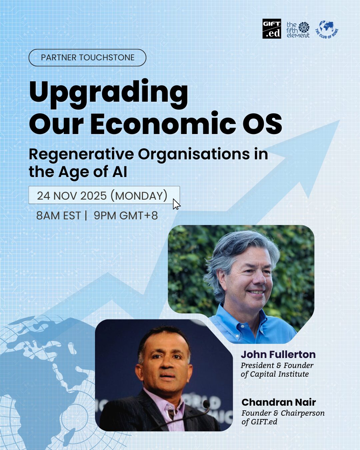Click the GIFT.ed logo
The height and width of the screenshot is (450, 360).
(x=272, y=29)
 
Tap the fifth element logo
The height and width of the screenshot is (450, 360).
(x=298, y=30)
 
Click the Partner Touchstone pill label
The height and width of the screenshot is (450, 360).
(x=87, y=58)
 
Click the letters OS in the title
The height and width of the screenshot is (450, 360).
(x=262, y=123)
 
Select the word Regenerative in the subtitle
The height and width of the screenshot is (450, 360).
(x=81, y=155)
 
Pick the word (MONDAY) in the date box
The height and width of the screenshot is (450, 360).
(x=139, y=196)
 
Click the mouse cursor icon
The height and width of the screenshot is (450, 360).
(x=176, y=204)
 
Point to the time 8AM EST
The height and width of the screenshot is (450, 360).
(x=58, y=216)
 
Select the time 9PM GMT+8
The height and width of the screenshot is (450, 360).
(x=126, y=216)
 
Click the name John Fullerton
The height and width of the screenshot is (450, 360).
(x=278, y=354)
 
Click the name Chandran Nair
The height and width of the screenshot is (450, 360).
(x=279, y=402)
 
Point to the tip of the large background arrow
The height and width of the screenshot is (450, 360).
(x=339, y=120)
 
